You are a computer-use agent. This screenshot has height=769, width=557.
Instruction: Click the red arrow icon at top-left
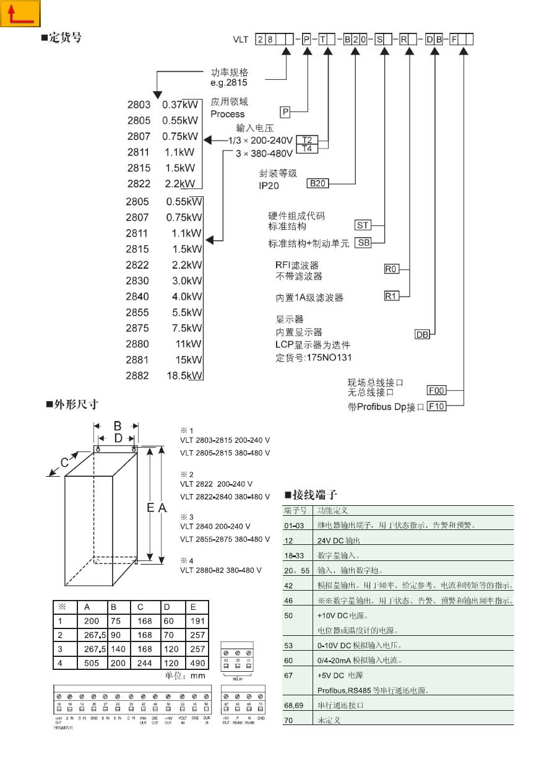click(20, 14)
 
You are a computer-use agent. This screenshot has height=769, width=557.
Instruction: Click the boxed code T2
click(306, 139)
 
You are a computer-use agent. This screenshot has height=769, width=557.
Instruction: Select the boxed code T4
click(306, 149)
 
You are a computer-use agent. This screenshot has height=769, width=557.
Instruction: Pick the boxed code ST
click(363, 225)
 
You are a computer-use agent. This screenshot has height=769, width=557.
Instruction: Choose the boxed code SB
click(363, 243)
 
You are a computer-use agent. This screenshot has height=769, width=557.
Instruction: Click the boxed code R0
click(391, 269)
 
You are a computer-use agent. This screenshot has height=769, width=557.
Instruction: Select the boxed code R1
click(391, 296)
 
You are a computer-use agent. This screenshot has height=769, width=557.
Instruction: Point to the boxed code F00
click(437, 391)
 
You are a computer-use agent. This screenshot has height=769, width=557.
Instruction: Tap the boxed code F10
click(437, 406)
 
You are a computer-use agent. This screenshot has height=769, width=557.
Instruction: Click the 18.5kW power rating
click(186, 376)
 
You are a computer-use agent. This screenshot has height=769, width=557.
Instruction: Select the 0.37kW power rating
click(180, 105)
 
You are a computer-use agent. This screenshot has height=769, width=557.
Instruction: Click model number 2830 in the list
click(137, 280)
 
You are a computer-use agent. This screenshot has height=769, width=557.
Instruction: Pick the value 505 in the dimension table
click(92, 663)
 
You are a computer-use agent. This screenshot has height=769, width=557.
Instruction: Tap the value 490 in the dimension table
click(197, 663)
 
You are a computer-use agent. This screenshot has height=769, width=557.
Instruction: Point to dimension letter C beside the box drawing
click(64, 461)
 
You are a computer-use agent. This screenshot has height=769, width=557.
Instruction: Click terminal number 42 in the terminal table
click(288, 584)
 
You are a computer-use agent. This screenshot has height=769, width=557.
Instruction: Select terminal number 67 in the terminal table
click(288, 676)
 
